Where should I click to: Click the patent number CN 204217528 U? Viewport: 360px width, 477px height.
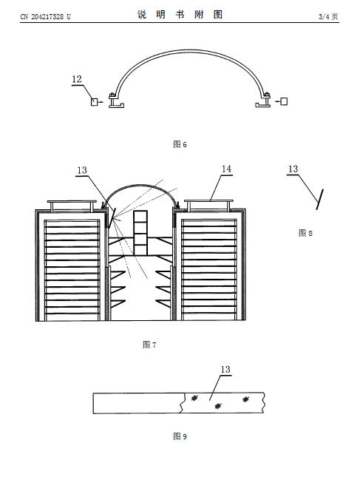[x=45, y=16]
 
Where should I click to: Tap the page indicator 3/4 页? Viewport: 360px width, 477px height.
[x=328, y=16]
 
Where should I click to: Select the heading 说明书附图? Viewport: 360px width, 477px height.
[x=180, y=14]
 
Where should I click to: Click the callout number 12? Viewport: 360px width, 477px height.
[x=77, y=79]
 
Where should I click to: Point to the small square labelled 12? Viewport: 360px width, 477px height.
[x=95, y=101]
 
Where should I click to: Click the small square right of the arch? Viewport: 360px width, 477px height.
[x=284, y=101]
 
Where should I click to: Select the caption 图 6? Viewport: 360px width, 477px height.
[x=180, y=144]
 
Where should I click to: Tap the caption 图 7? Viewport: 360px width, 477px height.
[x=149, y=345]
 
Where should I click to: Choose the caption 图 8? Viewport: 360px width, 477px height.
[x=305, y=233]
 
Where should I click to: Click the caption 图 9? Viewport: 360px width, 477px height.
[x=180, y=436]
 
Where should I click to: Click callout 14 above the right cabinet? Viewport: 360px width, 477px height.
[x=226, y=169]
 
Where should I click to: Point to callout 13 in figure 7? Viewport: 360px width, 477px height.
[x=82, y=170]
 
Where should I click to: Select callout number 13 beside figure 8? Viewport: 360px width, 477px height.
[x=293, y=169]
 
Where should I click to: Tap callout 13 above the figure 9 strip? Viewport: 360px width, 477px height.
[x=225, y=369]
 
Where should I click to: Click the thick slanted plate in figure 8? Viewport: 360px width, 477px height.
[x=319, y=199]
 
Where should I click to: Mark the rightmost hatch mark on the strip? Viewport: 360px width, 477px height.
[x=245, y=399]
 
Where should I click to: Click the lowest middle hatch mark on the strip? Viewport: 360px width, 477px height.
[x=218, y=406]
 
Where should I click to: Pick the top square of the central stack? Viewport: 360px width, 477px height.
[x=140, y=216]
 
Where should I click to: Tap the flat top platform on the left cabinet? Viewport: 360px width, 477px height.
[x=72, y=201]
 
